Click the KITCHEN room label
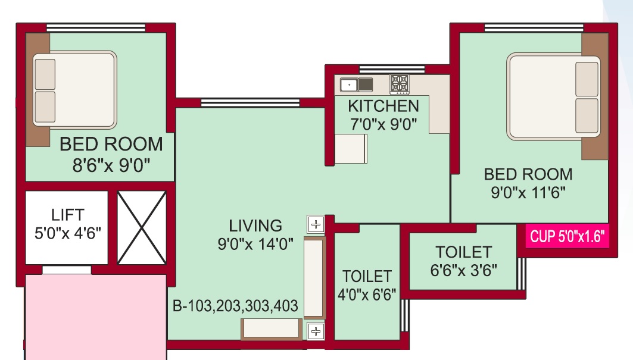point(383,107)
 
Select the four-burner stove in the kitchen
point(400,84)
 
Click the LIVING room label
point(255,226)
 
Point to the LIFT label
point(67,214)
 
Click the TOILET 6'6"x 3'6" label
point(463,252)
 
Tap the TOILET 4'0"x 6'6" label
point(367,276)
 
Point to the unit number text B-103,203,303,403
point(235,307)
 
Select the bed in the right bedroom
point(554,96)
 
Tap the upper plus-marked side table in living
point(316,225)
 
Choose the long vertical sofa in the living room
point(315,277)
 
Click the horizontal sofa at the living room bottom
point(271,329)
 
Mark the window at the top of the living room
point(250,103)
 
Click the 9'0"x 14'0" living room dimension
point(255,244)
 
